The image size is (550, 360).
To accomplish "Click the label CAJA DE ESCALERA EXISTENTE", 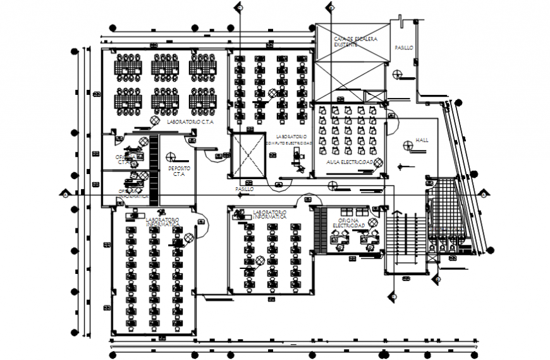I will pos(355,42).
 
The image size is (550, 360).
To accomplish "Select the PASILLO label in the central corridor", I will pos(245,189).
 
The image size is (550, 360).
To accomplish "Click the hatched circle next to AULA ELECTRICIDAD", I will pos(377,163).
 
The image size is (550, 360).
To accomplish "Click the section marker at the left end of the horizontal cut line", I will pos(63,194).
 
